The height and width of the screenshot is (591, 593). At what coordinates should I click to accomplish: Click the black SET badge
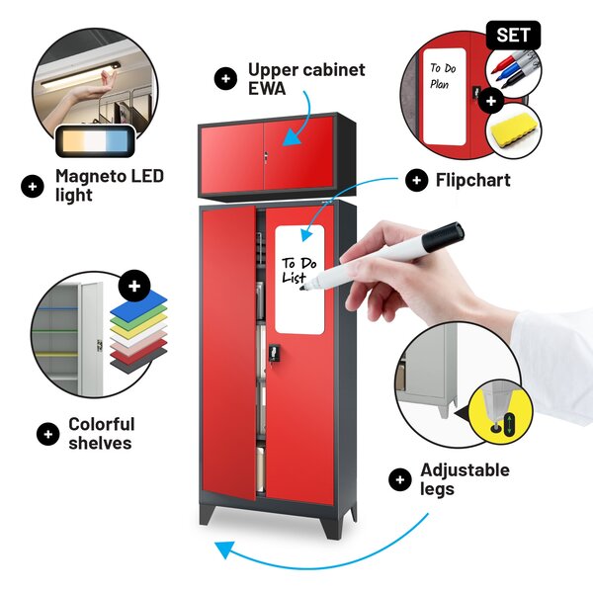pyautogui.click(x=513, y=36)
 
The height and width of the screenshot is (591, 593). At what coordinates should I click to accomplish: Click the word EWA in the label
pyautogui.click(x=267, y=89)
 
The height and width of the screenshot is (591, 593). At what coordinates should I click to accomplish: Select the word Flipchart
pyautogui.click(x=472, y=180)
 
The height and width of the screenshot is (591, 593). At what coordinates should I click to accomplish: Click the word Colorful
pyautogui.click(x=102, y=424)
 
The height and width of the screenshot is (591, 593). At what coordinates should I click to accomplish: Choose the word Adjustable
pyautogui.click(x=465, y=470)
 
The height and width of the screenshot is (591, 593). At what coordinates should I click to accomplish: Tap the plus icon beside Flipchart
pyautogui.click(x=416, y=180)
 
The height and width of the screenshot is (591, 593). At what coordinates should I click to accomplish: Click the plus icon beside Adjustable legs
pyautogui.click(x=399, y=480)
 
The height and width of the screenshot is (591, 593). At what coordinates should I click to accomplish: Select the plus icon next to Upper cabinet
pyautogui.click(x=225, y=79)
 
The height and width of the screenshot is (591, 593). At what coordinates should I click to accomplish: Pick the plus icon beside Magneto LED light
pyautogui.click(x=33, y=187)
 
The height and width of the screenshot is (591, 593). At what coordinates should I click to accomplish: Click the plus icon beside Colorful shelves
pyautogui.click(x=48, y=434)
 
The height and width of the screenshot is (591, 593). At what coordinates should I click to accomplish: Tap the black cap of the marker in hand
pyautogui.click(x=443, y=236)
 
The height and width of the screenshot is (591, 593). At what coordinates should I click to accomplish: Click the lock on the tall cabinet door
pyautogui.click(x=274, y=354)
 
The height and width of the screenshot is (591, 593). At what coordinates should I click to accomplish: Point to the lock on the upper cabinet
pyautogui.click(x=266, y=156)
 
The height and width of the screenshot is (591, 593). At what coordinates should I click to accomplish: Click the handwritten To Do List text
pyautogui.click(x=298, y=271)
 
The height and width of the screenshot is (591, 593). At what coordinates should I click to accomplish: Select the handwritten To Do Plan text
pyautogui.click(x=443, y=76)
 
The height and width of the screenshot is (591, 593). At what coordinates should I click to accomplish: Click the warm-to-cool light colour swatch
pyautogui.click(x=95, y=140)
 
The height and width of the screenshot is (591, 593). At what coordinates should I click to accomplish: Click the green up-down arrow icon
pyautogui.click(x=510, y=424)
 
